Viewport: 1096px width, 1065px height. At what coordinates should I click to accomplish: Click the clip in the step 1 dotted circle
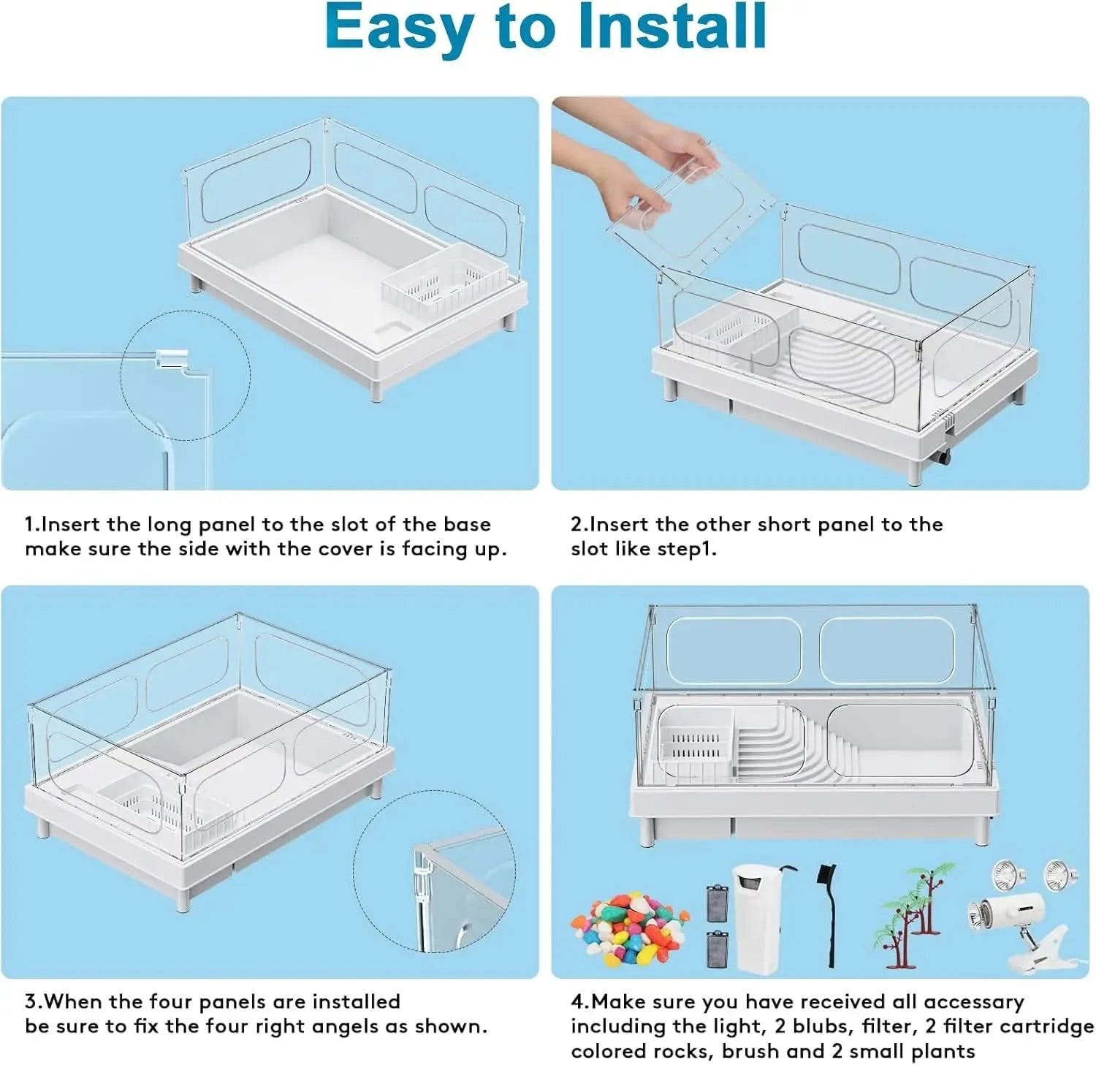pos(170,358)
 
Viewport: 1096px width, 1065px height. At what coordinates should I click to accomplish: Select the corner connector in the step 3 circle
pos(422,888)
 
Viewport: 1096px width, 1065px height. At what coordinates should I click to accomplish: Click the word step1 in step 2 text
pos(687,550)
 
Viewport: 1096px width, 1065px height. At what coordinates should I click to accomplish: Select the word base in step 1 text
pos(468,525)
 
